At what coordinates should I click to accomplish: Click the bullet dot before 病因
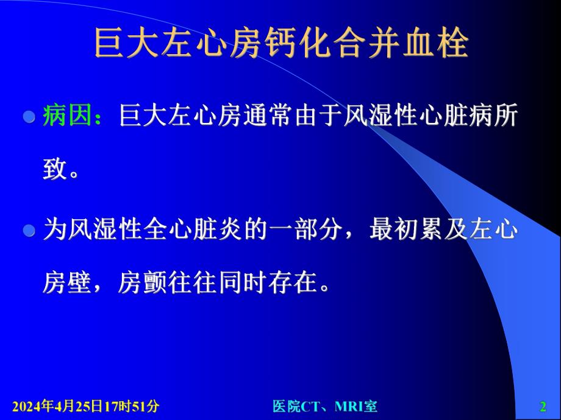click(x=27, y=116)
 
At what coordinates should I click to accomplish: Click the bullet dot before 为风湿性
click(x=27, y=231)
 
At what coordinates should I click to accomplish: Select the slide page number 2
click(x=543, y=406)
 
